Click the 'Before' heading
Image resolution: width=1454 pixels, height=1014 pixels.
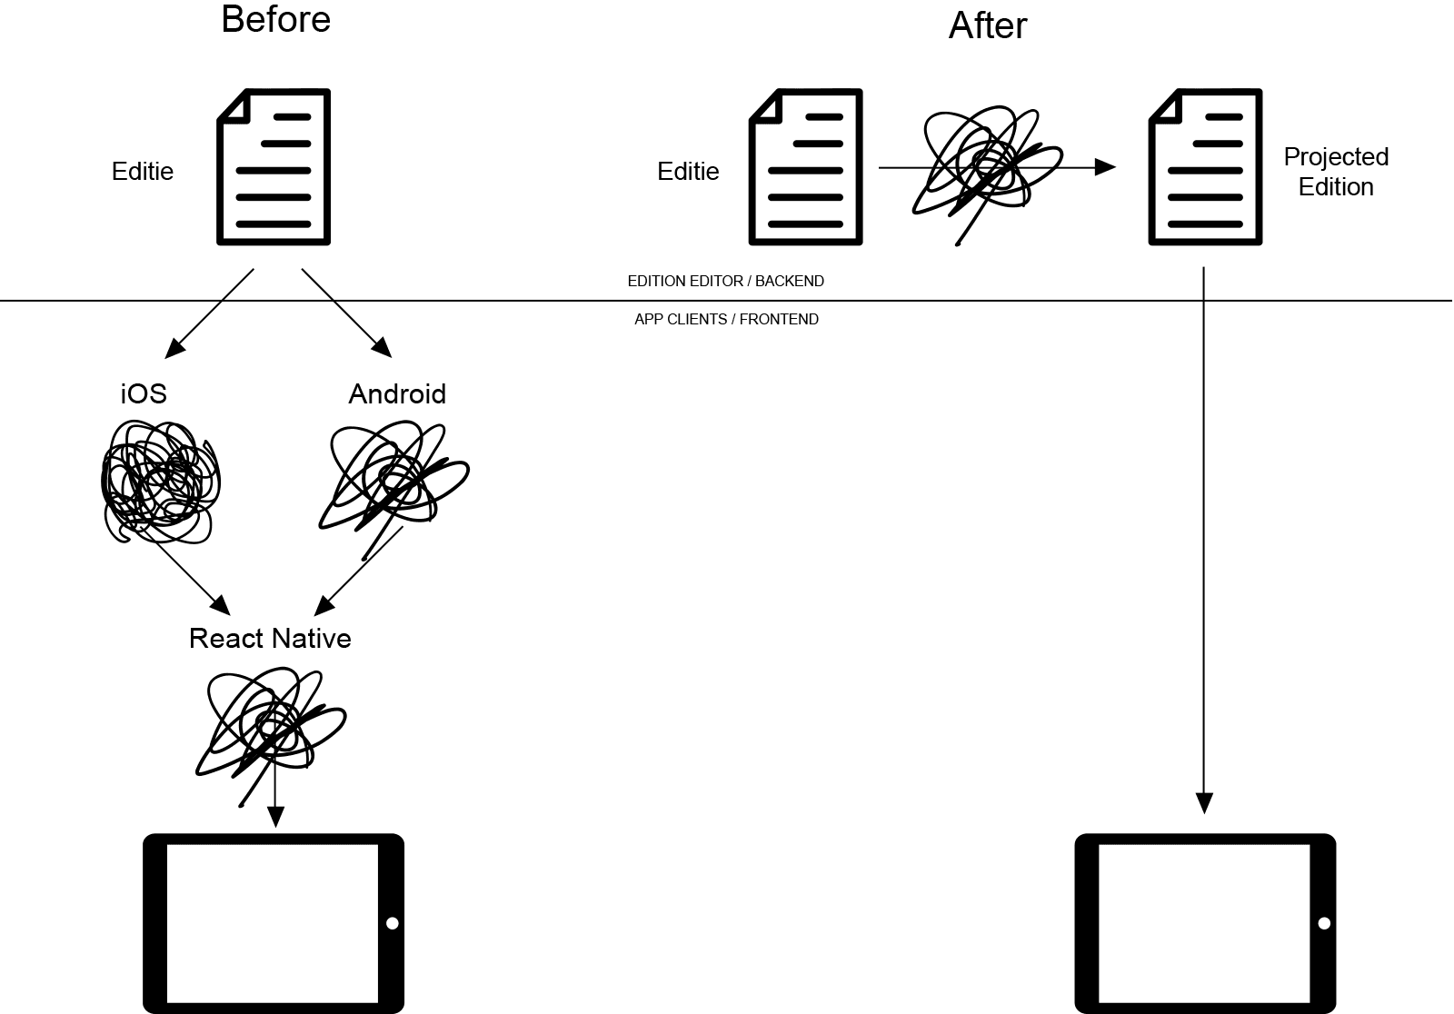(x=275, y=20)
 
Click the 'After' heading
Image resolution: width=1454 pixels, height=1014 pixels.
(x=987, y=25)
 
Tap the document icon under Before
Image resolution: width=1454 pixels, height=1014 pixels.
(x=274, y=167)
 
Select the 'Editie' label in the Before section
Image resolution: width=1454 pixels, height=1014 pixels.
(x=142, y=172)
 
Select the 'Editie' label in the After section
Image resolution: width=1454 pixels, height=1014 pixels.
(x=688, y=172)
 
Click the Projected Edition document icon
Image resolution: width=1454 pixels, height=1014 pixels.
(x=1205, y=167)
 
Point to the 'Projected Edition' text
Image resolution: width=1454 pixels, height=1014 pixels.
(x=1335, y=172)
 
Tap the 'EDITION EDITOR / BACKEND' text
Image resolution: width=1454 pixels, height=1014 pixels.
(x=725, y=282)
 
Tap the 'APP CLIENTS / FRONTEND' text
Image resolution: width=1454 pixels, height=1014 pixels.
(x=726, y=320)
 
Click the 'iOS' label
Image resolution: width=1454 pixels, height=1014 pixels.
(x=144, y=393)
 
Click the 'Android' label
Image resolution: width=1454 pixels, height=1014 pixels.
(x=397, y=393)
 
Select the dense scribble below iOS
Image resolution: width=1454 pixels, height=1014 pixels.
(x=160, y=482)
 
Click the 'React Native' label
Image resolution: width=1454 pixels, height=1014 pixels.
(x=270, y=639)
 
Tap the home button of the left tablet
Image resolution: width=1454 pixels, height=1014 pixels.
(x=392, y=923)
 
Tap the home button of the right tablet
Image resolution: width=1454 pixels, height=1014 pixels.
(x=1323, y=923)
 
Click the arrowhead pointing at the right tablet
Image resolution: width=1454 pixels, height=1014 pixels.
(x=1204, y=803)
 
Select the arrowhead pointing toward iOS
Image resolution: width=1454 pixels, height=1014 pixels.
(x=174, y=348)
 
